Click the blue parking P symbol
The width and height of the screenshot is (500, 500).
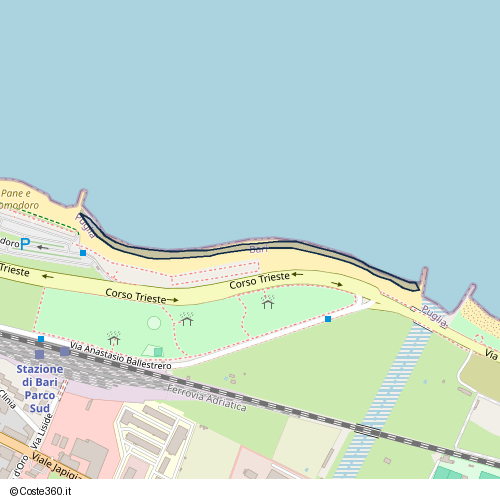(x=26, y=243)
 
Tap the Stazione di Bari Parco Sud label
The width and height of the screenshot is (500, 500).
(x=39, y=389)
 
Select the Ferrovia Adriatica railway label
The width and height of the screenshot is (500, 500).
(x=207, y=397)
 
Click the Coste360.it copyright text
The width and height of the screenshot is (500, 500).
(x=43, y=491)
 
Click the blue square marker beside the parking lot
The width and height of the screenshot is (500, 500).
(x=82, y=253)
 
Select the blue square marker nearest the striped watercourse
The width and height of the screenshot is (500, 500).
(x=328, y=319)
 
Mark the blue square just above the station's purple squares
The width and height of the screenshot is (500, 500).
(x=40, y=340)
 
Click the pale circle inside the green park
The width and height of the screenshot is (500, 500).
(x=154, y=322)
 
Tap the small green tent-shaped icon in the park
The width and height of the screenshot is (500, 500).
(x=157, y=351)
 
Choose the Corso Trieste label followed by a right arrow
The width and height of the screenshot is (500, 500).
(x=136, y=297)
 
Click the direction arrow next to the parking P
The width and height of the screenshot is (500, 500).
(x=43, y=246)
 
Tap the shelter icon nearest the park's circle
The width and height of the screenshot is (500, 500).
(x=186, y=320)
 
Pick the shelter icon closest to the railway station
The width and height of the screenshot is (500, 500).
(x=113, y=339)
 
